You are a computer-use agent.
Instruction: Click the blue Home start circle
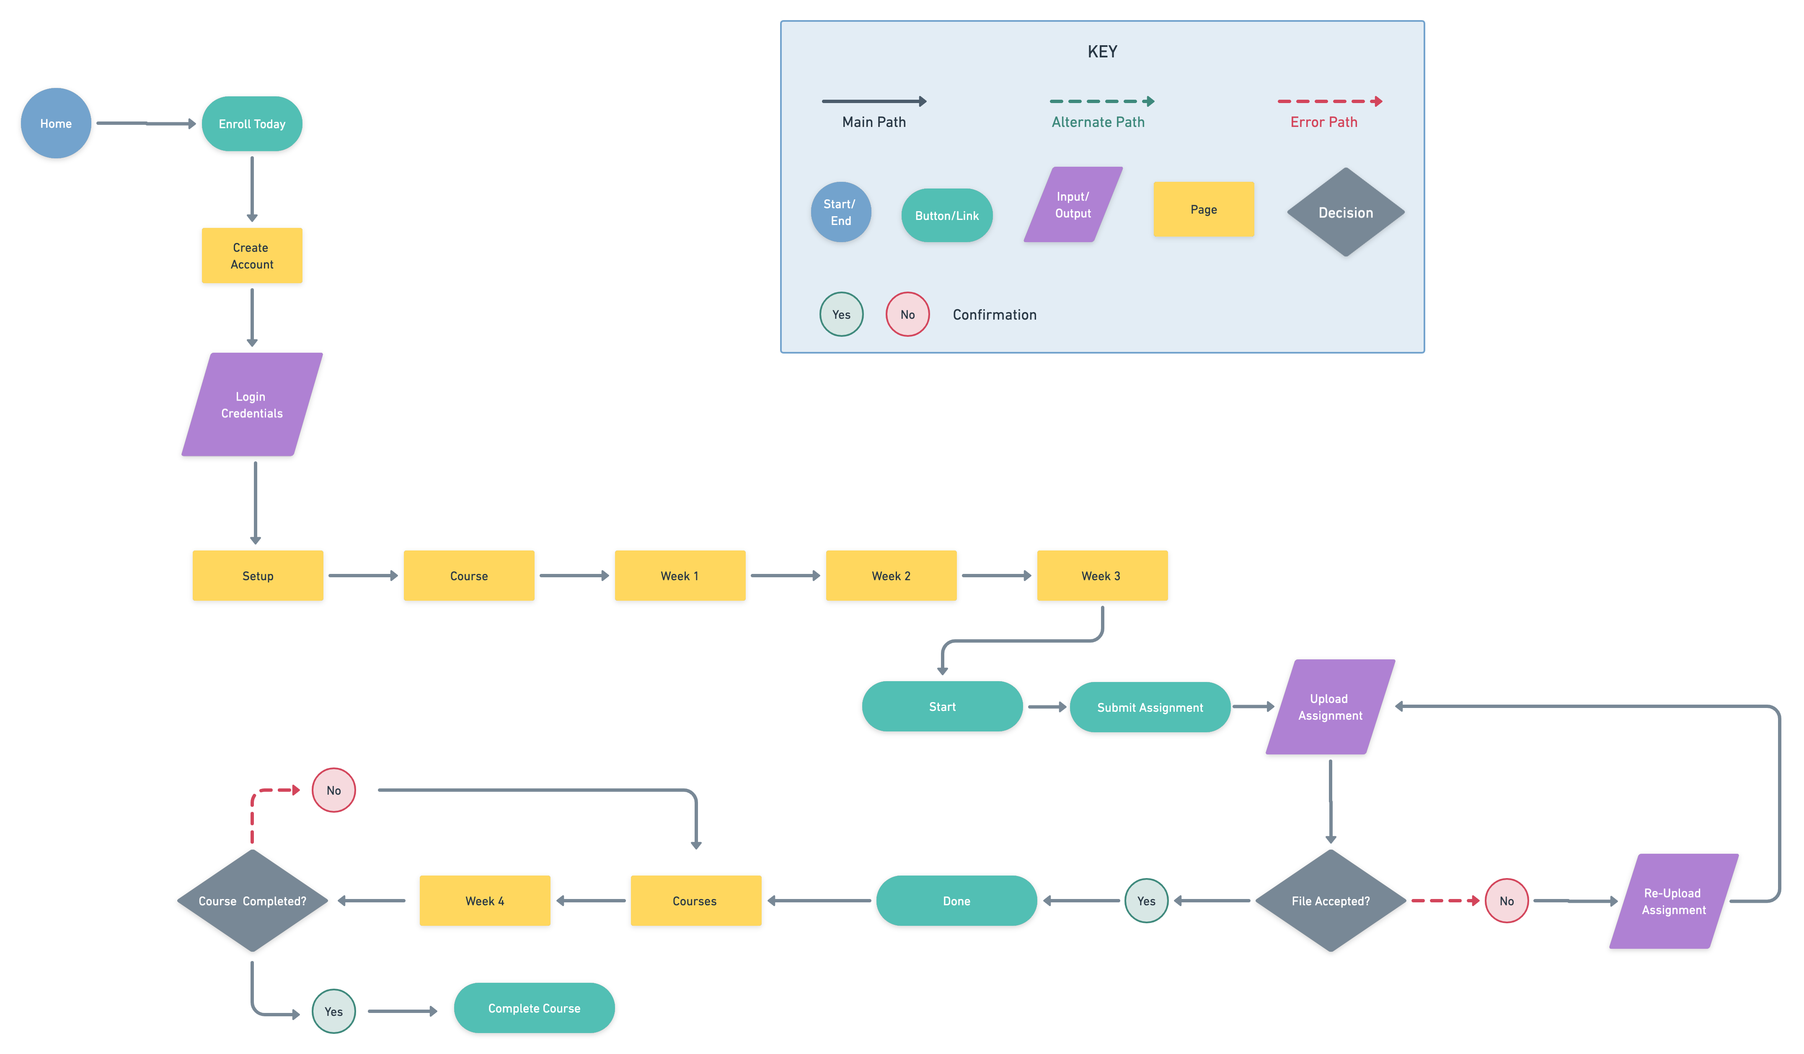pos(56,123)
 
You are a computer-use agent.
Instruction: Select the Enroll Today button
pos(252,124)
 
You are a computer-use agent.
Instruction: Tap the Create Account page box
pos(252,256)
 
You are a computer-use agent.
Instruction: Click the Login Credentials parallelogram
pos(252,405)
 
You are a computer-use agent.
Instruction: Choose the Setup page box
pos(258,576)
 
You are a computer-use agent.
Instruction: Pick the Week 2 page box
pos(891,576)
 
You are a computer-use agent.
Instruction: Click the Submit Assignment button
pos(1150,708)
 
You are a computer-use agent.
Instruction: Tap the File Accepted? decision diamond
pos(1331,901)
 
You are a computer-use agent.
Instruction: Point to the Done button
pos(956,901)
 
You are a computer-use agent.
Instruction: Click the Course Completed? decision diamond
pos(253,901)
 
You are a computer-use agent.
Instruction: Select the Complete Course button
pos(534,1008)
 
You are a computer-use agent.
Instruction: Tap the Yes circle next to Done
pos(1146,901)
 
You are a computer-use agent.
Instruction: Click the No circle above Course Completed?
pos(333,790)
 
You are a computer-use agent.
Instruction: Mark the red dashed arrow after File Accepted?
pos(1445,901)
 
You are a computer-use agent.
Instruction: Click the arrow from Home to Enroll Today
pos(146,123)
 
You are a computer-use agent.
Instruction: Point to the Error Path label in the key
pos(1323,122)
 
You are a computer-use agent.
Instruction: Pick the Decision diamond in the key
pos(1346,212)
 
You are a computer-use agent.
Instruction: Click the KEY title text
pos(1102,52)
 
